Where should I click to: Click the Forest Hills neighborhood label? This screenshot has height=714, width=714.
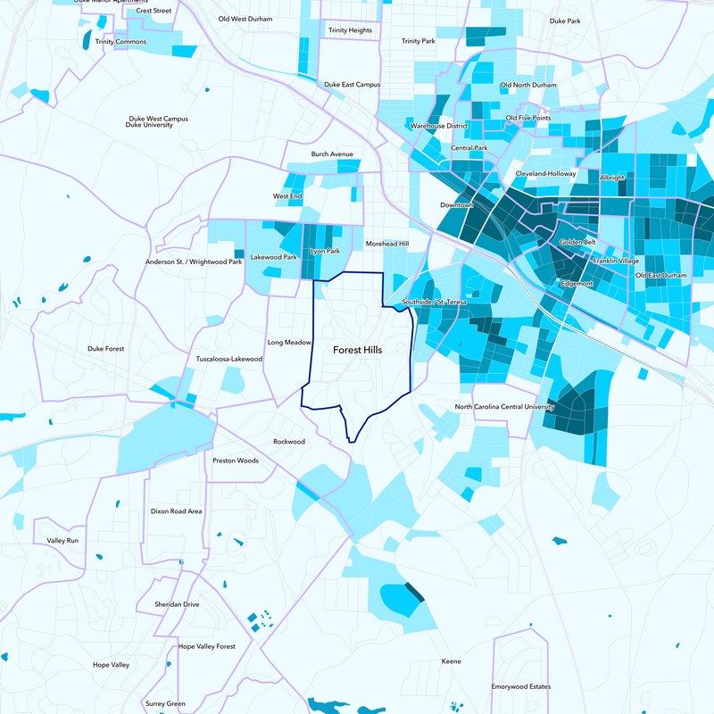[x=357, y=351]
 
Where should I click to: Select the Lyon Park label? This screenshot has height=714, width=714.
[x=324, y=252]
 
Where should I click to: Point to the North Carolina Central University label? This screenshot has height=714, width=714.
[x=504, y=407]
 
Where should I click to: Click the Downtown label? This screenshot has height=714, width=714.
[x=456, y=205]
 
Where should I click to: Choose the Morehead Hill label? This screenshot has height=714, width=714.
[x=386, y=244]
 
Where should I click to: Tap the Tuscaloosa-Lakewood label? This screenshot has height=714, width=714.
[x=229, y=359]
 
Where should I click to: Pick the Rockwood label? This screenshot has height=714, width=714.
[x=288, y=442]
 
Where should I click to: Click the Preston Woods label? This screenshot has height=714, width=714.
[x=235, y=461]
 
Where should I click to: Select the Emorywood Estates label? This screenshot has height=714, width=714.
[x=520, y=686]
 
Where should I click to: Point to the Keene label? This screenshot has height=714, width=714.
[x=452, y=661]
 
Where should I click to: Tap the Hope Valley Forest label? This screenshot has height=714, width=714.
[x=206, y=646]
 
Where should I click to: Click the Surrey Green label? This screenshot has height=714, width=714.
[x=165, y=703]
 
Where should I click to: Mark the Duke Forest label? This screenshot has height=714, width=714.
[x=106, y=349]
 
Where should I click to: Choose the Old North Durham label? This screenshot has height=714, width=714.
[x=527, y=85]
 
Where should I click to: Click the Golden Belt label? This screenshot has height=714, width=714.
[x=577, y=243]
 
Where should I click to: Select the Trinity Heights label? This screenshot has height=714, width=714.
[x=350, y=30]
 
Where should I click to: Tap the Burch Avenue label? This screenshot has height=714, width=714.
[x=332, y=154]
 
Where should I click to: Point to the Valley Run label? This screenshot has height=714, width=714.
[x=62, y=541]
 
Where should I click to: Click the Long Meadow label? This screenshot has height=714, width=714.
[x=289, y=342]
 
